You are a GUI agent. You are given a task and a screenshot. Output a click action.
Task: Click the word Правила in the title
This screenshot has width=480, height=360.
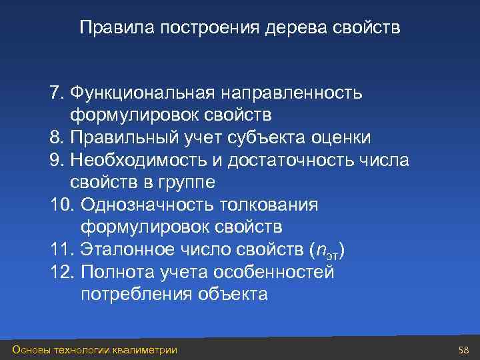(x=107, y=29)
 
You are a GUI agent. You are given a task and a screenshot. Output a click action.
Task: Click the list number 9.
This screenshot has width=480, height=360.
(x=55, y=159)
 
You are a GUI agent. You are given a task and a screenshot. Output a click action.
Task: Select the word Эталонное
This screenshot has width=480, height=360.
(x=131, y=249)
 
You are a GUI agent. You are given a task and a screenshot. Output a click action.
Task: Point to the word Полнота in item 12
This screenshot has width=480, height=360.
(x=119, y=272)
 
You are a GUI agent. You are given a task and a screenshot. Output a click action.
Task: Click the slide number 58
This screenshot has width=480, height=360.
(x=465, y=350)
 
